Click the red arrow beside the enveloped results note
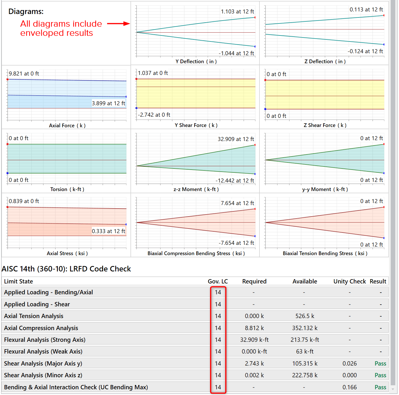click(x=118, y=24)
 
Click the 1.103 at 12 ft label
click(x=237, y=11)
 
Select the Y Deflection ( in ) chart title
click(x=196, y=61)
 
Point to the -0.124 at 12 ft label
click(x=365, y=51)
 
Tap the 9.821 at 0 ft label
click(x=24, y=74)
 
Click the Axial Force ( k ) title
click(x=67, y=126)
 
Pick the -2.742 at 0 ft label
click(x=154, y=115)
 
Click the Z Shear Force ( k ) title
click(x=325, y=125)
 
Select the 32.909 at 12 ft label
click(x=236, y=139)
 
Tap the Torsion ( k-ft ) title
click(x=67, y=189)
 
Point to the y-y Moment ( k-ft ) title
click(x=325, y=189)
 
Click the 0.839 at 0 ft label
click(x=24, y=201)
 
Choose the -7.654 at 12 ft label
click(x=236, y=243)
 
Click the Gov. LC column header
click(x=218, y=281)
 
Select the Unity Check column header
click(x=350, y=281)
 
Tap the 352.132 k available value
click(x=305, y=328)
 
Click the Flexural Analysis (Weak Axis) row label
click(x=43, y=352)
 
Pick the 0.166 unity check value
click(x=350, y=387)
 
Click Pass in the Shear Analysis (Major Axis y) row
click(x=380, y=364)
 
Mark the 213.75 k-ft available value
click(x=305, y=340)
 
